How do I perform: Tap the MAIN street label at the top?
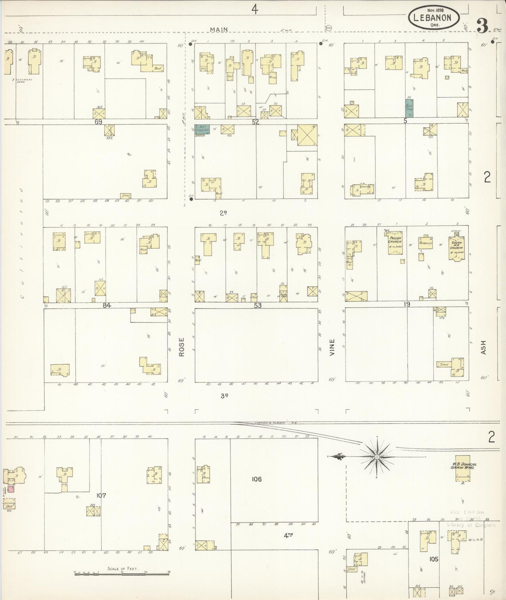[x=219, y=30]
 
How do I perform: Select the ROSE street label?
[x=181, y=347]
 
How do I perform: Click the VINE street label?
[x=332, y=347]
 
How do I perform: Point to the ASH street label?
[x=484, y=348]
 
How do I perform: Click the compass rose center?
[x=377, y=457]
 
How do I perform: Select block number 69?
[x=98, y=122]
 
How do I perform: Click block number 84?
[x=107, y=305]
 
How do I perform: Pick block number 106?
[x=257, y=479]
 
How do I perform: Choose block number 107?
[x=101, y=495]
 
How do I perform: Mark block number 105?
[x=434, y=559]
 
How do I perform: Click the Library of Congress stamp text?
[x=471, y=525]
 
